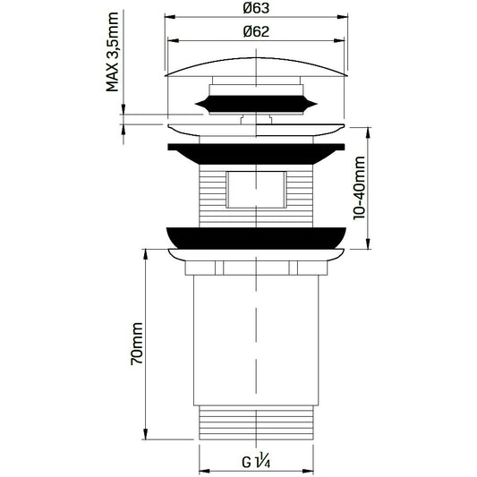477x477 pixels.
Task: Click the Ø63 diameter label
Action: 256,8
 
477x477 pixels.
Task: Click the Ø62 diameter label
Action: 256,31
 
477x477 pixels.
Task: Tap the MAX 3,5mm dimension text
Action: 112,52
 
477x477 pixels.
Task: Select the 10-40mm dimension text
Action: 359,188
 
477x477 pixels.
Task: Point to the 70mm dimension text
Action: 136,344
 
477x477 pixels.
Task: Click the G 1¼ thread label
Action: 256,462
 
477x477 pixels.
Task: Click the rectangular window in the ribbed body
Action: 256,190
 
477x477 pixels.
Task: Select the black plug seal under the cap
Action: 256,105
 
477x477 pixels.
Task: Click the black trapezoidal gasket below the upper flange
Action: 256,154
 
